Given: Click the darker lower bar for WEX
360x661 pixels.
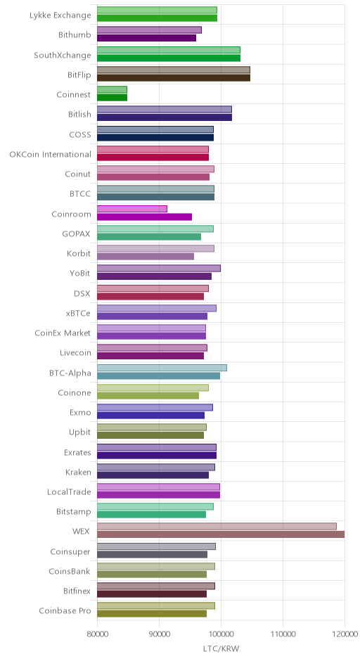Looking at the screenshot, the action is point(221,534).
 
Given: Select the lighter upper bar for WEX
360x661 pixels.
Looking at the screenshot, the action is point(217,527).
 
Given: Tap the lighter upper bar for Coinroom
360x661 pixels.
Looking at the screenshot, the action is point(132,209).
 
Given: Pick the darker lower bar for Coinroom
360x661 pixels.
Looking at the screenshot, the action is point(145,217).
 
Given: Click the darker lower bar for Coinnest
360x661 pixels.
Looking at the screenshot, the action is point(112,97).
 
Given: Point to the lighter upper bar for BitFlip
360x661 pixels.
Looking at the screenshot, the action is point(174,70).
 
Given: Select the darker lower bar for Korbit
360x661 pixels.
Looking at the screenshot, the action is point(146,256).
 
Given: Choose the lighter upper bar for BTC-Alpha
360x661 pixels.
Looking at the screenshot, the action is point(162,368).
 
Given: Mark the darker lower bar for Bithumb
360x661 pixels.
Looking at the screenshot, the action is point(147,38).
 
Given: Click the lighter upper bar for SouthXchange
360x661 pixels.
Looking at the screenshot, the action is point(169,50).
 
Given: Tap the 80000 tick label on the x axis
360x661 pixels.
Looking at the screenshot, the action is point(97,634).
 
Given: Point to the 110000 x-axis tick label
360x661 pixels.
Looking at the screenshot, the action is point(283,634).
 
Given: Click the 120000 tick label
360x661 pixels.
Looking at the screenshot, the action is point(345,634).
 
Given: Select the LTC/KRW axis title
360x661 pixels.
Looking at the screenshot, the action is point(221,648).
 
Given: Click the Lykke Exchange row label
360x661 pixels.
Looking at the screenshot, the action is point(60,15).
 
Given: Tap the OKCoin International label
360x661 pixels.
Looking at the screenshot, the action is point(50,154).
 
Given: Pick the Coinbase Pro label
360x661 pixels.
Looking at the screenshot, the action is point(65,610).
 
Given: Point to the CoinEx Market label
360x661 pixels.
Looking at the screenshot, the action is point(63,333).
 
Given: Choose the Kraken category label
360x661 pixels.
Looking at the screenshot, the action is point(79,472).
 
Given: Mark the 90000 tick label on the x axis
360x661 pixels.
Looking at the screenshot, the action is point(160,634).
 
